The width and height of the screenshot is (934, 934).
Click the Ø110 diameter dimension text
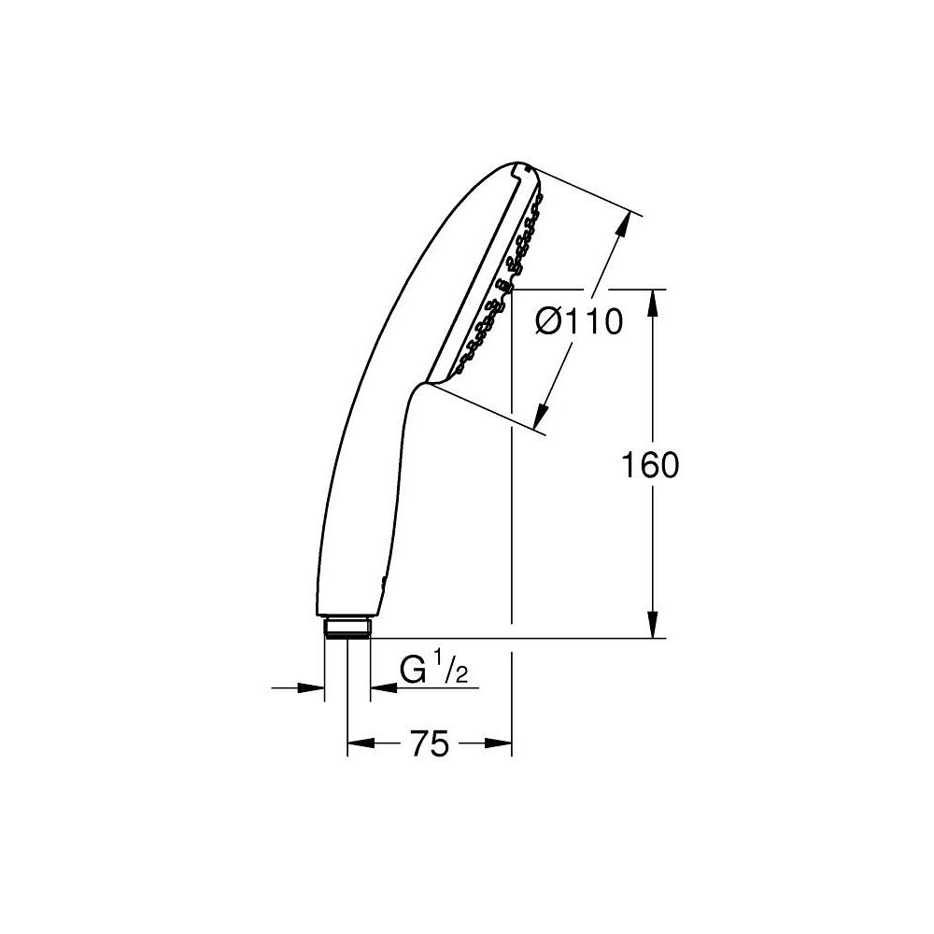pos(579,323)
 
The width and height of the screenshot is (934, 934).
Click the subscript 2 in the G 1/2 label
pos(460,677)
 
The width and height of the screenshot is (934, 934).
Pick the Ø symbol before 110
pos(549,323)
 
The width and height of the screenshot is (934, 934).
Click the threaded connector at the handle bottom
pos(347,627)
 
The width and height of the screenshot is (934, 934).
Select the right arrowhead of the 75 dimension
pos(502,743)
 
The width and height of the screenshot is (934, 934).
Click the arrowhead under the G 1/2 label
pos(381,688)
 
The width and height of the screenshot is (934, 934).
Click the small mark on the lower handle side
pos(381,585)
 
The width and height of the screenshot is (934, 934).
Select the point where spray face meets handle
pos(428,382)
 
